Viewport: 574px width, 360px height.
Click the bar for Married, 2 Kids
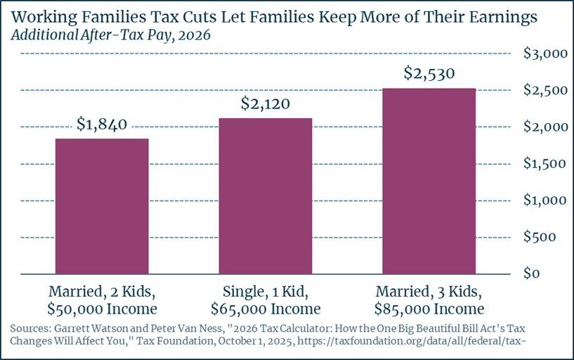tap(102, 206)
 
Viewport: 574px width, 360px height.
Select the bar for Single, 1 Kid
tap(266, 196)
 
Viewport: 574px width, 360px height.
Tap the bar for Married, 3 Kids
tap(429, 181)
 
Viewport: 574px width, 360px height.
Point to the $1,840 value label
tap(102, 124)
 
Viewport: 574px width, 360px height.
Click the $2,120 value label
tap(266, 103)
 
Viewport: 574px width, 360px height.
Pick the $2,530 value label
tap(429, 73)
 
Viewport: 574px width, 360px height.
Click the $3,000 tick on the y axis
tap(545, 53)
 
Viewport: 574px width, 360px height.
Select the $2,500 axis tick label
tap(545, 90)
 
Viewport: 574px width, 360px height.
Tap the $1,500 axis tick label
tap(545, 163)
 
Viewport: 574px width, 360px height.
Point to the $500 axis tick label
tap(540, 236)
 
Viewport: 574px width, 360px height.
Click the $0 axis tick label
tap(532, 274)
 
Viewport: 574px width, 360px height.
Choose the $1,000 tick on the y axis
tap(545, 200)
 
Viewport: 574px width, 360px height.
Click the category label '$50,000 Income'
tap(102, 309)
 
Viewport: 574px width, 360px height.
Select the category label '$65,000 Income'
tap(266, 309)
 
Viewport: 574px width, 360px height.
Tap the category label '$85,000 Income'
tap(429, 309)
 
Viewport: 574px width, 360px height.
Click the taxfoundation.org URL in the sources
tap(412, 341)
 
